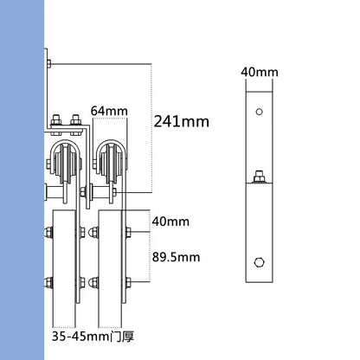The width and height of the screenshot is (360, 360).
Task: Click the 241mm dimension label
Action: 182,121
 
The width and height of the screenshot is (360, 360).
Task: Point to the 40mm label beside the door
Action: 170,222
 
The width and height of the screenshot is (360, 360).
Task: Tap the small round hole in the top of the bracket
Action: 258,112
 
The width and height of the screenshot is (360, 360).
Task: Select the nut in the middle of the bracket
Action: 258,180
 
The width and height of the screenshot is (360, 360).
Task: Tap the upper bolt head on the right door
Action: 128,231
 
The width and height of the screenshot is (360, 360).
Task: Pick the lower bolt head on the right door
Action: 128,280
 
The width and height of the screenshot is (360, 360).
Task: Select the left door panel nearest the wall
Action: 64,260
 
